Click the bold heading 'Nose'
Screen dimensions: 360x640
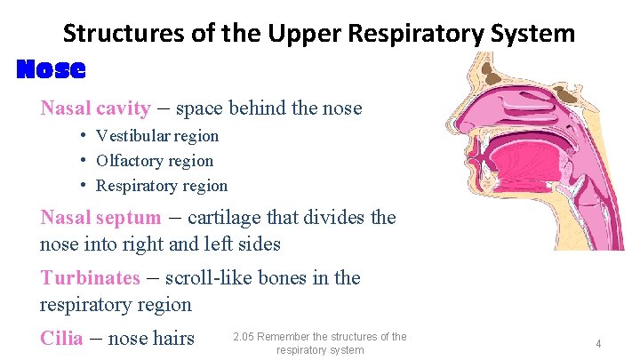pyautogui.click(x=52, y=68)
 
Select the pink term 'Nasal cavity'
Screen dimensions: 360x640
pyautogui.click(x=95, y=108)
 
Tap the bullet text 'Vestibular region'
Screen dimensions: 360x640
pyautogui.click(x=157, y=136)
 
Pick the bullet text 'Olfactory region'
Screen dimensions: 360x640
pyautogui.click(x=155, y=161)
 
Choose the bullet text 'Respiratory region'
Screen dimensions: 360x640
pyautogui.click(x=162, y=186)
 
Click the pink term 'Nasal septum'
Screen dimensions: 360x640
pyautogui.click(x=100, y=218)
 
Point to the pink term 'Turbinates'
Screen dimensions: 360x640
pyautogui.click(x=90, y=277)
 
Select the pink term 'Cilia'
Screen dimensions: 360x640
pyautogui.click(x=61, y=338)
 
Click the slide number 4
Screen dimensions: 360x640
pyautogui.click(x=599, y=343)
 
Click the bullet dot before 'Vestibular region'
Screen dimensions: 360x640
pyautogui.click(x=81, y=136)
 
